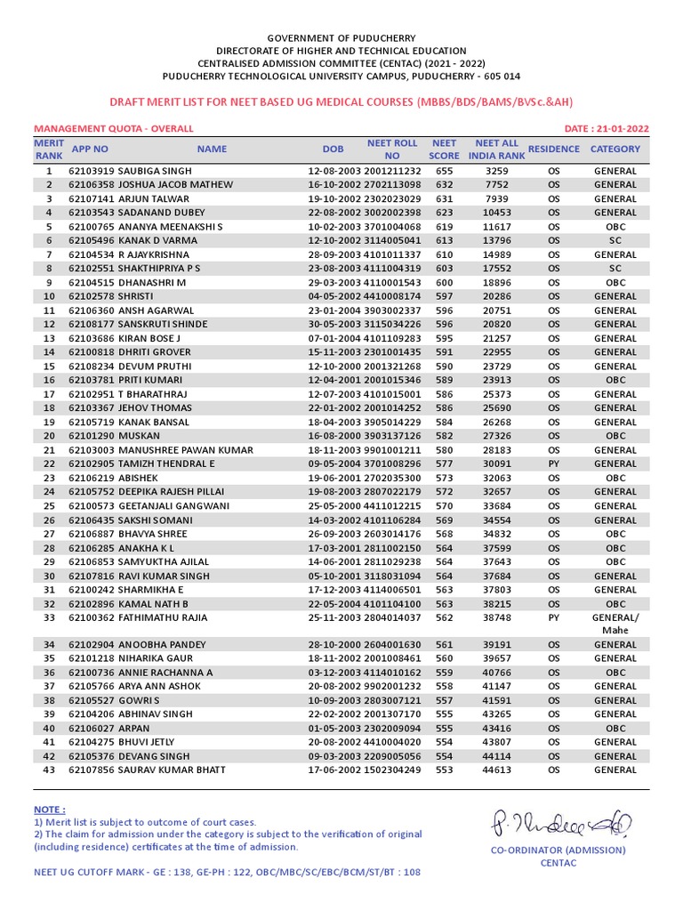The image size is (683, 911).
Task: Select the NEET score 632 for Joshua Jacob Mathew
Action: (444, 184)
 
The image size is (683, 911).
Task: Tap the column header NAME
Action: (212, 149)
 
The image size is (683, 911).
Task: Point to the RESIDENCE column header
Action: (553, 149)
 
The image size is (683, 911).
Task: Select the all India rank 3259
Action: (497, 170)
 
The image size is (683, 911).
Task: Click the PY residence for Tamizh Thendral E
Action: (554, 464)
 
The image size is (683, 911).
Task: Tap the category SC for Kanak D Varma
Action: (615, 240)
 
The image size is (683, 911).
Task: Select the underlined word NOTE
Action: (48, 810)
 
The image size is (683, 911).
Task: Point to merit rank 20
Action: (49, 436)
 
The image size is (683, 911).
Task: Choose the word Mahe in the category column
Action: (615, 630)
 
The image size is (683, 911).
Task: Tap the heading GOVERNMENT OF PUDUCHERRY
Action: (341, 38)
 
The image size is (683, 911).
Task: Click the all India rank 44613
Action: (497, 770)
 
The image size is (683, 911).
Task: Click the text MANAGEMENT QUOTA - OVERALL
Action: (113, 129)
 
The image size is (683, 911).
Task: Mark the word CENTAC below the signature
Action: (558, 863)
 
